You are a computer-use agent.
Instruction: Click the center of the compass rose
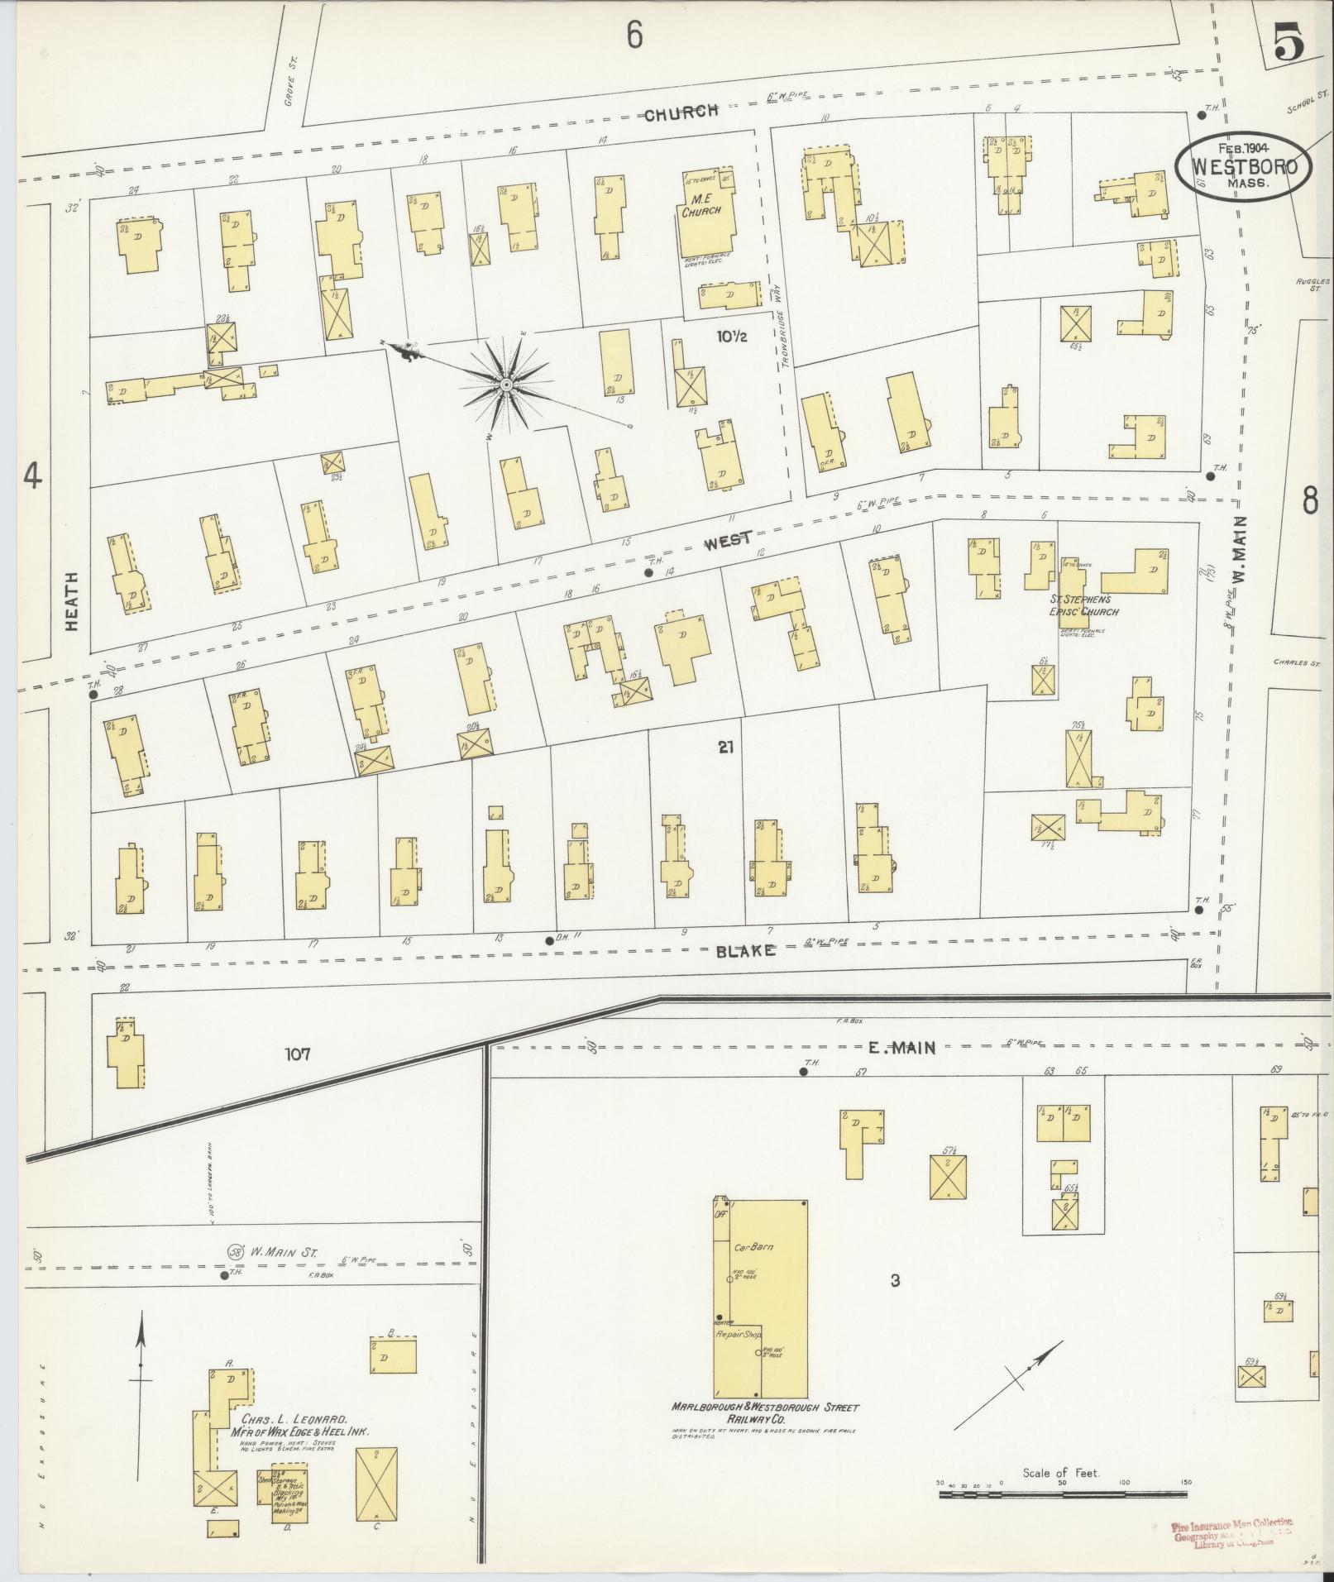(x=504, y=385)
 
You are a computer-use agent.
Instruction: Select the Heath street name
(x=72, y=601)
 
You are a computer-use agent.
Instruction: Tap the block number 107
(x=298, y=1054)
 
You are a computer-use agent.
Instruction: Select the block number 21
(x=726, y=748)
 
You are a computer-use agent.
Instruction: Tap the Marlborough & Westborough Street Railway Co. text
(x=765, y=1412)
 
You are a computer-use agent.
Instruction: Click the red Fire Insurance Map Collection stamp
(x=1232, y=1532)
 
